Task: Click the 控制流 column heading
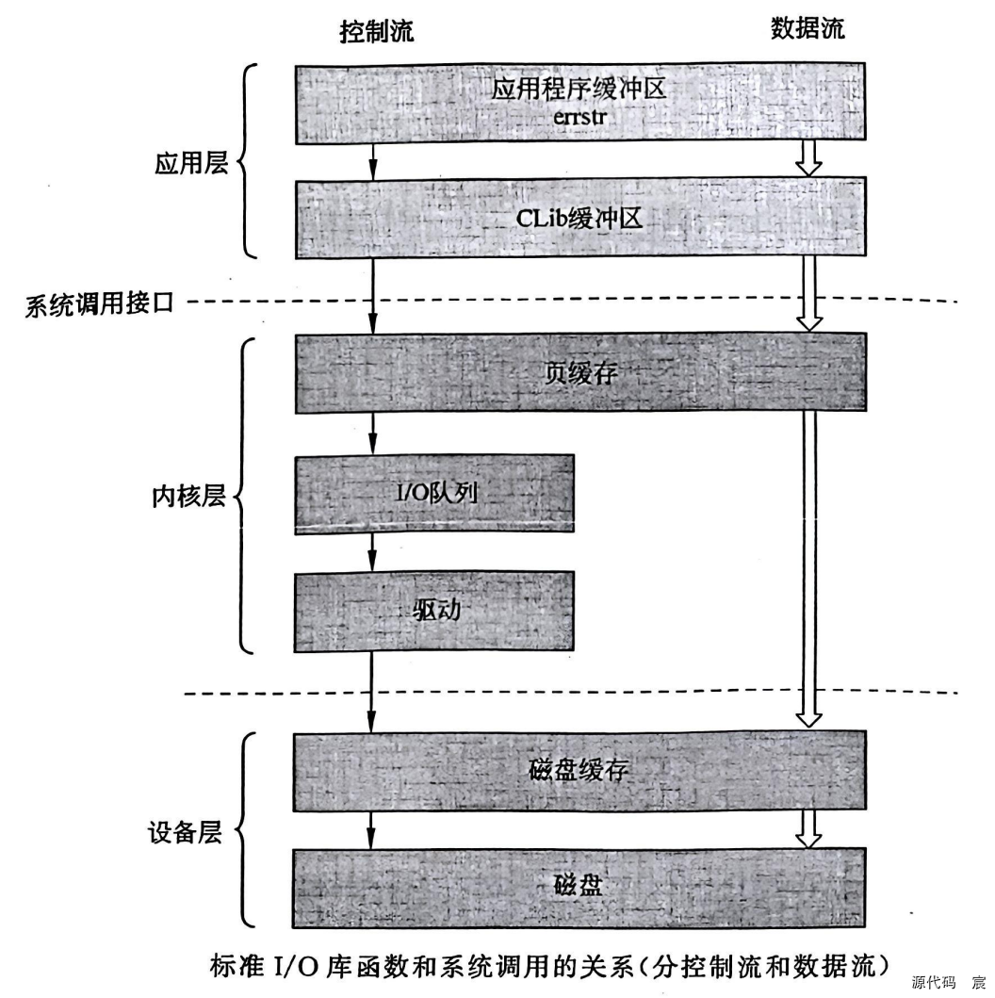(x=376, y=31)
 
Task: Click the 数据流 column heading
(x=807, y=29)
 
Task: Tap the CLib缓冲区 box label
(x=580, y=219)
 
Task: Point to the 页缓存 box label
(x=580, y=373)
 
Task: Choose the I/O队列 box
(x=433, y=494)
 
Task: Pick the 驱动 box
(x=435, y=611)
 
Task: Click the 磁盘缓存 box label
(x=580, y=770)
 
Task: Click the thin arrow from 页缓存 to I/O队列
(x=373, y=434)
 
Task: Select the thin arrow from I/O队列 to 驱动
(x=373, y=550)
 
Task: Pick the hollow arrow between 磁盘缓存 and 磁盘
(x=808, y=827)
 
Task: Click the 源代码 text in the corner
(x=933, y=982)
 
